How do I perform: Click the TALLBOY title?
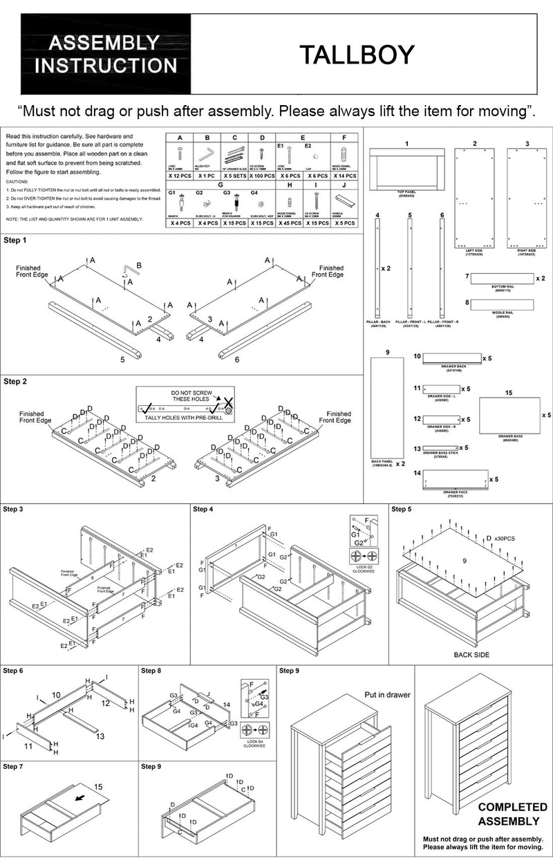tap(356, 55)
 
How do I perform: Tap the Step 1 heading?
tap(15, 241)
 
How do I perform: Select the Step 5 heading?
tap(402, 510)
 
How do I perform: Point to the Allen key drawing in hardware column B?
tap(207, 153)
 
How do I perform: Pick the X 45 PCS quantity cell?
tap(290, 223)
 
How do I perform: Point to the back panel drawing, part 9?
tap(388, 407)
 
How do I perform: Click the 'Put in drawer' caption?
tap(387, 695)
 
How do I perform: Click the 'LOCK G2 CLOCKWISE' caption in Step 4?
tap(363, 569)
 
